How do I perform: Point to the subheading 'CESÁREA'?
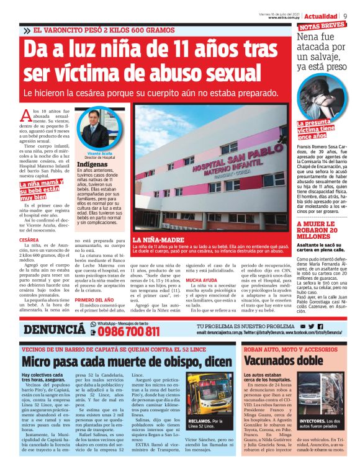30,239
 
